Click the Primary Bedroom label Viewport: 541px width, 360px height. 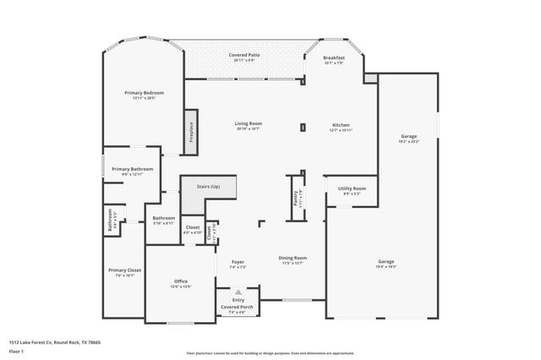[x=144, y=92]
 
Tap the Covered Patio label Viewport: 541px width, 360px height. [x=244, y=55]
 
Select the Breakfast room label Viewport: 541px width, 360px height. [x=334, y=57]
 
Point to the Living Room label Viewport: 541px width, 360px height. [x=248, y=123]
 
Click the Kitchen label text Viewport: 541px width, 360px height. [x=341, y=124]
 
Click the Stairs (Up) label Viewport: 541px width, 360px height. [x=210, y=186]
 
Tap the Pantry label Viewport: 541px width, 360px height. [x=286, y=198]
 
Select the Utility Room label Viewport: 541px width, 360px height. [x=352, y=188]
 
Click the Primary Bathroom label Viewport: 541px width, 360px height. [x=130, y=169]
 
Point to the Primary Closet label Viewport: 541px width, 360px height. [x=124, y=270]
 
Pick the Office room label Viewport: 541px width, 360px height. [x=181, y=281]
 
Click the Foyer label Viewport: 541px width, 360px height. [x=238, y=262]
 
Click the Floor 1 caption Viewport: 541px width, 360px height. [x=16, y=350]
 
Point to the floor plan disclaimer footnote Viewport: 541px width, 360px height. [x=270, y=352]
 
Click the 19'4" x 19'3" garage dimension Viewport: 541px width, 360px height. [x=385, y=267]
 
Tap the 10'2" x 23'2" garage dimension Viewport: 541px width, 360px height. [x=409, y=141]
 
